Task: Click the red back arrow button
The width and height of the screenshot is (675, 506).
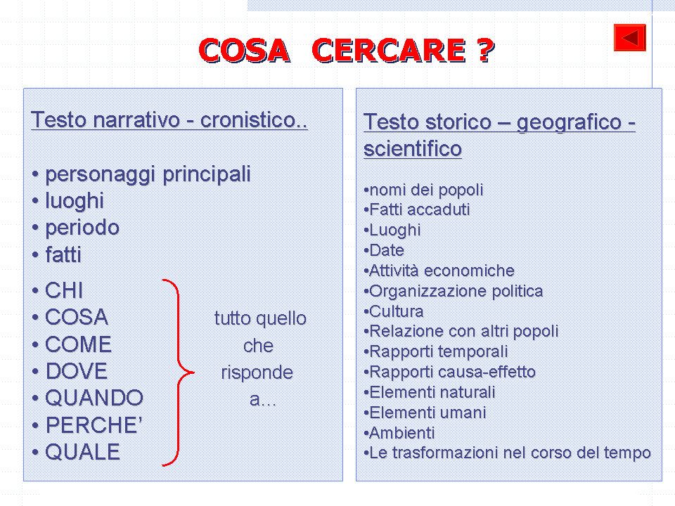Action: point(630,37)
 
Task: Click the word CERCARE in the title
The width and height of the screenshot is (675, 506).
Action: point(389,51)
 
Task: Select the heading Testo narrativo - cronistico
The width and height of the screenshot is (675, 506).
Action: point(169,120)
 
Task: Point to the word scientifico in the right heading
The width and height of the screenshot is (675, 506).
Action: point(413,149)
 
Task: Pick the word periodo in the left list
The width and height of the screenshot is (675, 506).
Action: point(82,228)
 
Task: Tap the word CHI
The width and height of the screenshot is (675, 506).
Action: point(64,290)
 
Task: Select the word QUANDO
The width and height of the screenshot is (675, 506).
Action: point(94,398)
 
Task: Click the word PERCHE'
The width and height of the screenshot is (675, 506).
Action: point(94,425)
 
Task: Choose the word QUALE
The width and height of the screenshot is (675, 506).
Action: point(83,452)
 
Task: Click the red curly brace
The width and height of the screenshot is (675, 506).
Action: point(178,372)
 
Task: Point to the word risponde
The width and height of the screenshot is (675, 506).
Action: point(257,372)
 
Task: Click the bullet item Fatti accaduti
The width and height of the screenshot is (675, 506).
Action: point(419,209)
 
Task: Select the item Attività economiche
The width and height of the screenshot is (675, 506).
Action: point(442,271)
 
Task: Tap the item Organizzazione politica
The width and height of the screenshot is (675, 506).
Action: point(456,291)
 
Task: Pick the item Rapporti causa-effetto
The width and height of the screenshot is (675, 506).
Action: point(452,372)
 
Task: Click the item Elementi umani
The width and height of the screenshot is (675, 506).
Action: point(427,413)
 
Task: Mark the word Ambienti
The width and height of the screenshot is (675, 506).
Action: point(401,433)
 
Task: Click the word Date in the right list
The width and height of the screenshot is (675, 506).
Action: point(387,250)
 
